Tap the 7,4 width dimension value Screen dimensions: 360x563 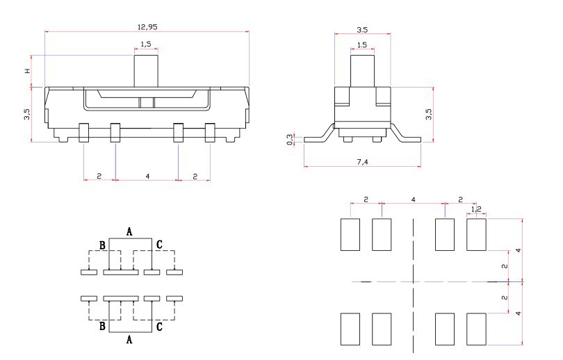361,161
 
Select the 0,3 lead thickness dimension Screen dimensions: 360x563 290,140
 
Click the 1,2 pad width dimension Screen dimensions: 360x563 476,208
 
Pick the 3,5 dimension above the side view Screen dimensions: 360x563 361,30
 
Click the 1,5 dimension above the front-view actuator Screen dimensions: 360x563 146,44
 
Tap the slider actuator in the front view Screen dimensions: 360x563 146,70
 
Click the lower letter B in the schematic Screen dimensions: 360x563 102,325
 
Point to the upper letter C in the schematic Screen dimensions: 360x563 159,244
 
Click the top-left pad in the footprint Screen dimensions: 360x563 350,234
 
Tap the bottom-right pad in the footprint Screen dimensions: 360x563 476,329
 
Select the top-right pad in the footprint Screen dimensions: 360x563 476,234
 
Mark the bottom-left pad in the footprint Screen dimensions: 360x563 350,329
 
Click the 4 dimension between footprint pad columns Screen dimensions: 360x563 414,199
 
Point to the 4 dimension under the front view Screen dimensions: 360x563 147,177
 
